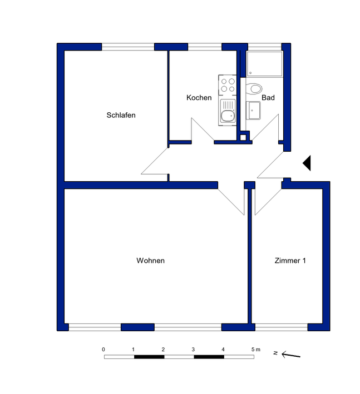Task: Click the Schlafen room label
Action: tap(121, 115)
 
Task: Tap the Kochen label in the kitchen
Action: tap(199, 97)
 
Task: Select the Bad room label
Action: tap(268, 97)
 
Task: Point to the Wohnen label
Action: tap(150, 261)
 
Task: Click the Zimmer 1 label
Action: tap(290, 261)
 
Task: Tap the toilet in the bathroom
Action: tap(254, 89)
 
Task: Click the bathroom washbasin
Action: tap(253, 111)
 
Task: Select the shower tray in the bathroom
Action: tap(265, 64)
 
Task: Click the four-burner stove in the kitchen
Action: tap(228, 85)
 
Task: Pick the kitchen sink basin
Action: tap(228, 116)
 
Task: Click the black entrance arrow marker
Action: tap(307, 163)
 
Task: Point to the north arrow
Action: tap(291, 355)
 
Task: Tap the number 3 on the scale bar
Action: tap(193, 350)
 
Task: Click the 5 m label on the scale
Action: tap(256, 350)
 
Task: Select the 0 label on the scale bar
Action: tap(103, 350)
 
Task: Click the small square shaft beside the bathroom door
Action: tap(243, 137)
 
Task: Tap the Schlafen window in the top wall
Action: tap(128, 47)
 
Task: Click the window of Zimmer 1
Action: tap(281, 327)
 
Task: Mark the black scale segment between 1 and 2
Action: tap(149, 357)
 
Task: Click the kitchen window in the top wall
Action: tap(205, 47)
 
